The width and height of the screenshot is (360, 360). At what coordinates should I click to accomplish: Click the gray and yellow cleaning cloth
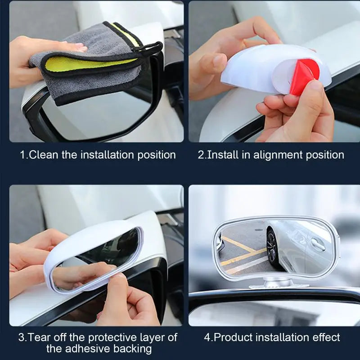(x=85, y=58)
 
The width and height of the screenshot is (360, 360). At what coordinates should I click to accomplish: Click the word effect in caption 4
(x=326, y=337)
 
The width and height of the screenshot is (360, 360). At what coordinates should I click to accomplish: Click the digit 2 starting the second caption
(x=201, y=155)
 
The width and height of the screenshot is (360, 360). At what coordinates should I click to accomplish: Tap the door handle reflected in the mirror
(x=318, y=244)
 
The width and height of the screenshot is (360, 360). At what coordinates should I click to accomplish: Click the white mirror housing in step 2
(x=252, y=67)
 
